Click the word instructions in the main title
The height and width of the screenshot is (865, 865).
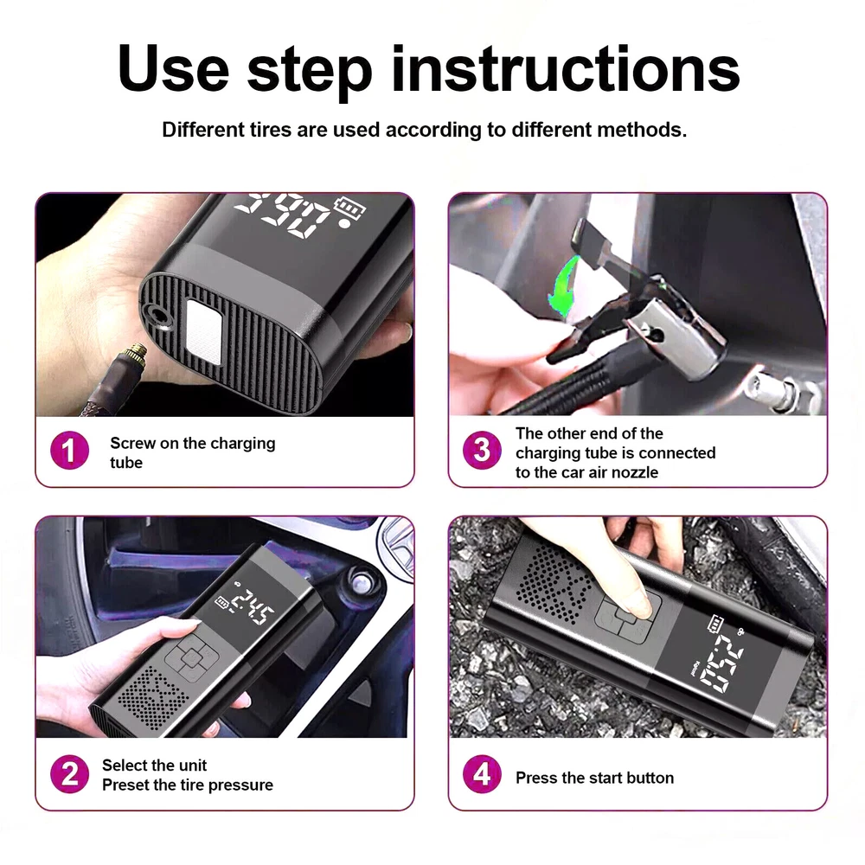[566, 69]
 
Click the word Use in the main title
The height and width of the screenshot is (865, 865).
[173, 69]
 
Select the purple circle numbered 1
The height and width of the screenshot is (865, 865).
[69, 450]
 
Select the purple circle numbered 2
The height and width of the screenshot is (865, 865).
[69, 774]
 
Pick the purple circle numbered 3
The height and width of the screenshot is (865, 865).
[482, 450]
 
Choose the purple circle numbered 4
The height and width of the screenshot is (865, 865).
[482, 774]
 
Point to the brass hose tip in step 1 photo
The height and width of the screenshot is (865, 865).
[136, 354]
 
